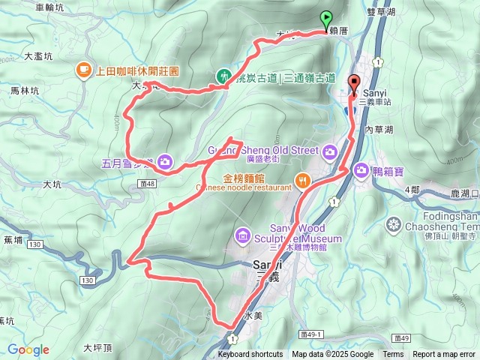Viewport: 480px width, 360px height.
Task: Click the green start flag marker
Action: coord(326,19)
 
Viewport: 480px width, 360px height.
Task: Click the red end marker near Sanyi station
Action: coord(354,84)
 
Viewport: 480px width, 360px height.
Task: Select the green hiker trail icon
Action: coord(223,76)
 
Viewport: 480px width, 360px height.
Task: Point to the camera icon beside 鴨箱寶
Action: coord(361,171)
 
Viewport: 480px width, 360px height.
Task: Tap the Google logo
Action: coord(28,349)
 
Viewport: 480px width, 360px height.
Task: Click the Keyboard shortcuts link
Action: coord(250,355)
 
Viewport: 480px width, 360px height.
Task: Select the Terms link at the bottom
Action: coord(393,355)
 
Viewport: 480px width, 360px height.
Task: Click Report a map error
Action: coord(444,355)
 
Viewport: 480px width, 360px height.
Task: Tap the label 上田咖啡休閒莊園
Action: coord(137,70)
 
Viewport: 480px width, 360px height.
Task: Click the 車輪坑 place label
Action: coord(50,7)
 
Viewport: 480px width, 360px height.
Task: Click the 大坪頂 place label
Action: coord(97,348)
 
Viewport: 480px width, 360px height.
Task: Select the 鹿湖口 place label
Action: coord(464,194)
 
